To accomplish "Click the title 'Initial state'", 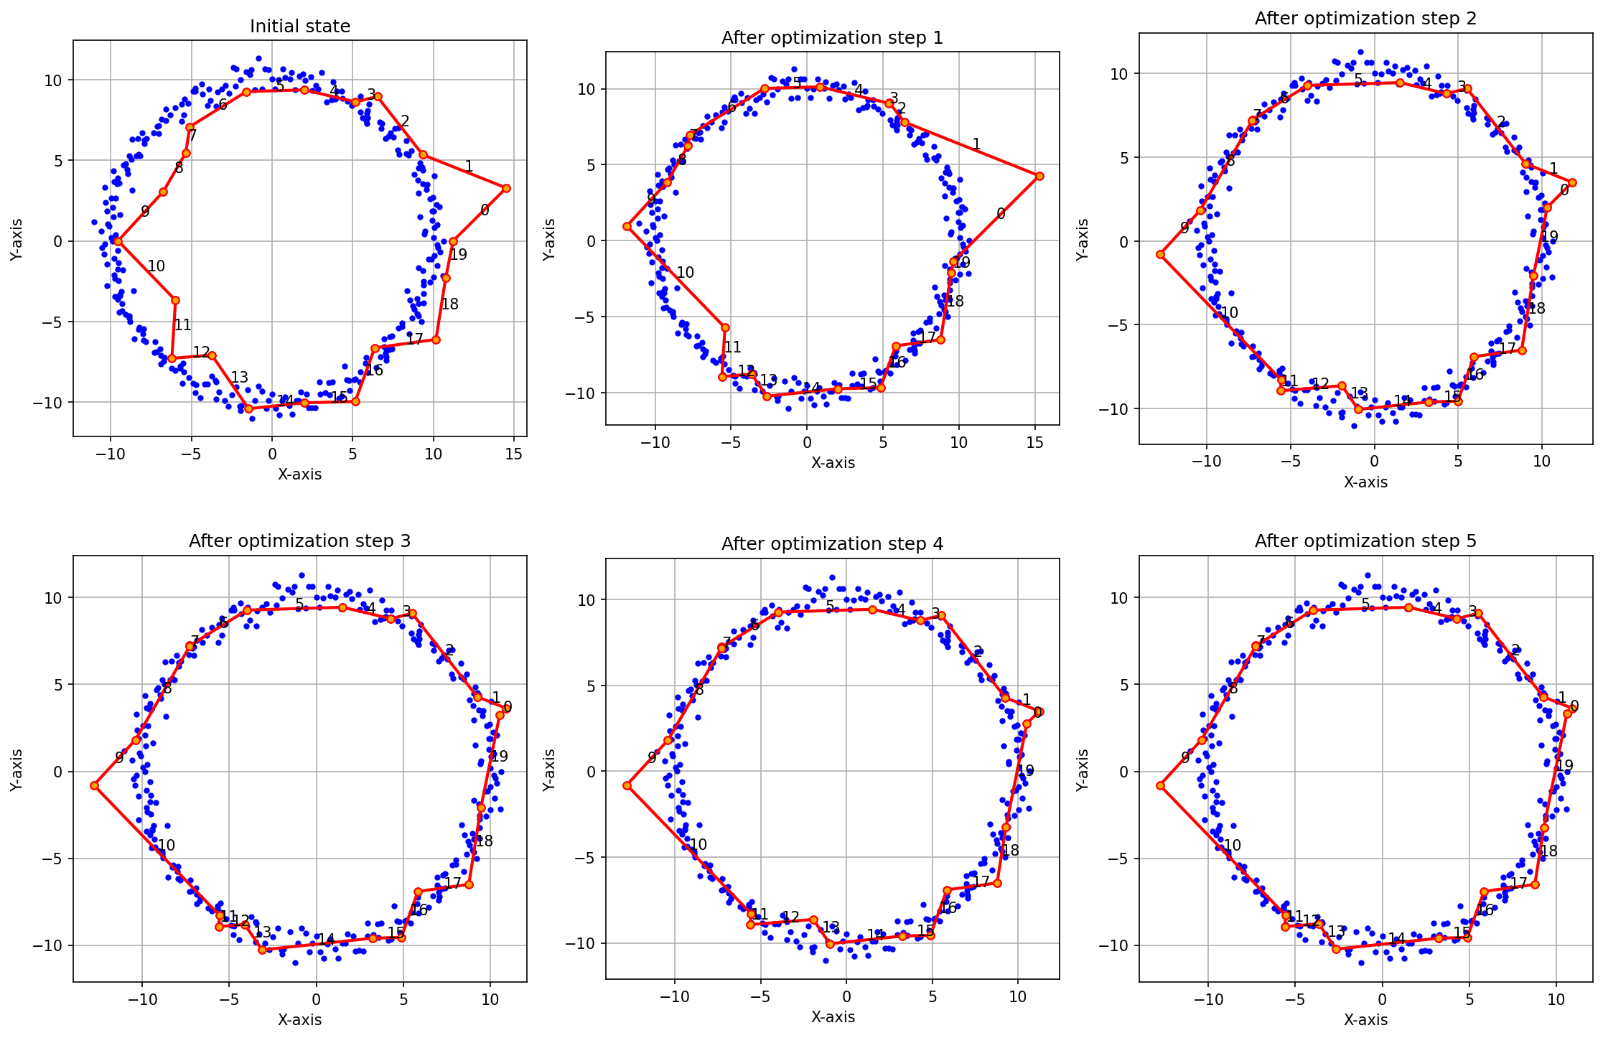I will (300, 27).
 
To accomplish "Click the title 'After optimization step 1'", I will (832, 37).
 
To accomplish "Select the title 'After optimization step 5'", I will (1365, 541).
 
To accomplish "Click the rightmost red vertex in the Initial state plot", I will (506, 188).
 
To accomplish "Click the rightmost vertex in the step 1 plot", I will (1039, 176).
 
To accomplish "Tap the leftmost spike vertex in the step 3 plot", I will (94, 785).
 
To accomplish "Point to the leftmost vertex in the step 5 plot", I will (1160, 785).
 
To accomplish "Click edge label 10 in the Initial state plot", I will (156, 267).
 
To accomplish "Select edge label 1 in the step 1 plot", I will (976, 144).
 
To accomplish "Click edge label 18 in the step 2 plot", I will (1536, 309).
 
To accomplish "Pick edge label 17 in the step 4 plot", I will (981, 882).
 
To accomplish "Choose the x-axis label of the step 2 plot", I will (1365, 482).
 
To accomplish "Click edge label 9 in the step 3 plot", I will (119, 758).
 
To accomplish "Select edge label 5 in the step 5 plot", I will (1365, 604).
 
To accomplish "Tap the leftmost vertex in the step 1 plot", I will (627, 226).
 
